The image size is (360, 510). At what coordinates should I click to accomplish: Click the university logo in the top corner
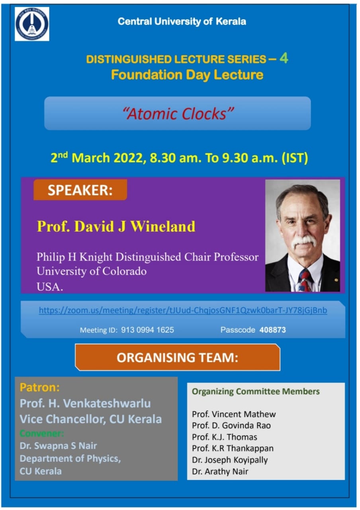point(32,24)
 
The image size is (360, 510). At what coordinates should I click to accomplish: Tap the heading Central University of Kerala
point(182,22)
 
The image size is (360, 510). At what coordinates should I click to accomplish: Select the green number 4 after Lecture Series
point(284,58)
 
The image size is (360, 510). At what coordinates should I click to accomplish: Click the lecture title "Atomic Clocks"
point(178,114)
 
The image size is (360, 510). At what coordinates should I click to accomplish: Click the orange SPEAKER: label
point(80,190)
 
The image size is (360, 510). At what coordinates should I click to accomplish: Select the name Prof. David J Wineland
point(116,226)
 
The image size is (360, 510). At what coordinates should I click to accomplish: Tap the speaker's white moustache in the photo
point(304,242)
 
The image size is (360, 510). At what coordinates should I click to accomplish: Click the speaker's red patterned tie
point(305,280)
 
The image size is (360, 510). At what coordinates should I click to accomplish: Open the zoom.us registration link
point(183,310)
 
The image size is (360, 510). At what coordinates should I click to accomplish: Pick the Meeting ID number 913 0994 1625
point(147,330)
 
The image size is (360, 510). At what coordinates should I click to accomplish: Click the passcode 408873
point(272,330)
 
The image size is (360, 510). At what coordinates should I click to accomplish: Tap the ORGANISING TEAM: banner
point(178,357)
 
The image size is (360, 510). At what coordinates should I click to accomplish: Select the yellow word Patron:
point(39,387)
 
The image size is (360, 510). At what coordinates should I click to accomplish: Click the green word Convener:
point(42,433)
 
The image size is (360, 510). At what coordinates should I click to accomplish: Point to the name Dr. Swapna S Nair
point(58,445)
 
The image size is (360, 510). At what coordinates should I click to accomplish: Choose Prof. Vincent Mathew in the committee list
point(234,414)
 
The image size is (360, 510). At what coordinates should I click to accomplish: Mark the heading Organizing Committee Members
point(256,391)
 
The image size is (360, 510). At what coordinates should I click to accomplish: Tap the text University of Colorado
point(92,271)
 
